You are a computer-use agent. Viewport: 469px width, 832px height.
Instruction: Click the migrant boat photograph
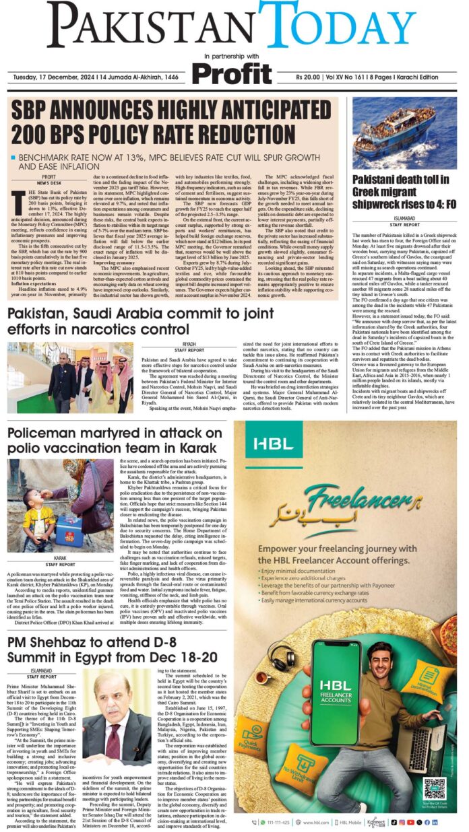pyautogui.click(x=404, y=132)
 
